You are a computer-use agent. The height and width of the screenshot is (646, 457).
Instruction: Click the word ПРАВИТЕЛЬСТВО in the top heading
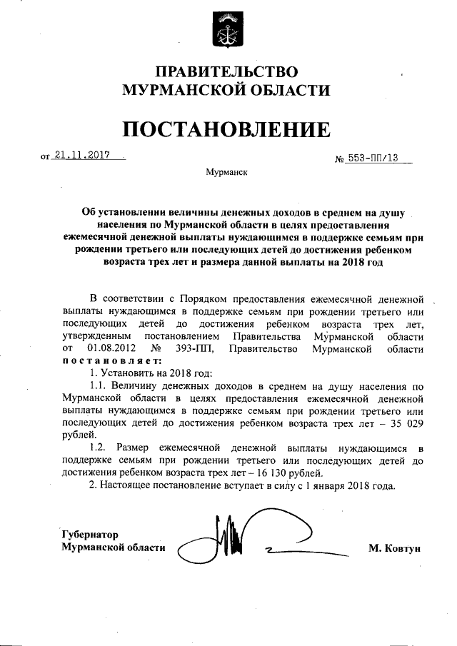coord(226,72)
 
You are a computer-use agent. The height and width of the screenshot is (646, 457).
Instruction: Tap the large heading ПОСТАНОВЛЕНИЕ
coord(226,128)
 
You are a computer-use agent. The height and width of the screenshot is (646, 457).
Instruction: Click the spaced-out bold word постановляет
coord(106,361)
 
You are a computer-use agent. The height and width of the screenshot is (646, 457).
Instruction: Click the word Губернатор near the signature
coord(89,534)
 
